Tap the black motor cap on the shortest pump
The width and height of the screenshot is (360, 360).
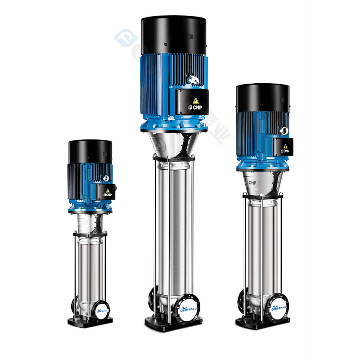click(90, 152)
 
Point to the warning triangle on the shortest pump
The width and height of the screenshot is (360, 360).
click(108, 190)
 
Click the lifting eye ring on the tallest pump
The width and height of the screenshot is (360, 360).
click(194, 80)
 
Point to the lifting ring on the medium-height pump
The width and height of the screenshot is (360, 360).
click(284, 130)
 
